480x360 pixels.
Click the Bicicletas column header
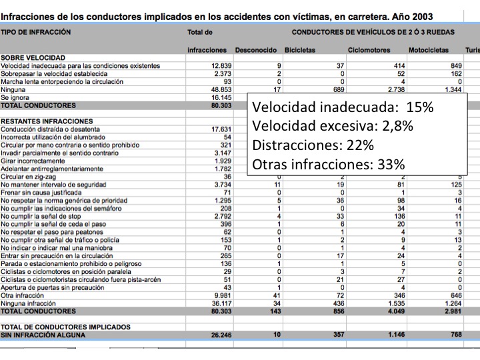(300, 51)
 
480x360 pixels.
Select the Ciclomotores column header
(369, 51)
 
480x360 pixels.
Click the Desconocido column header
(257, 51)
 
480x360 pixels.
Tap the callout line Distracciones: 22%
(313, 145)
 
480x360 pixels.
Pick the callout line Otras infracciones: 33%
(328, 164)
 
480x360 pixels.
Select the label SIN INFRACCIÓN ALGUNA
(43, 335)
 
